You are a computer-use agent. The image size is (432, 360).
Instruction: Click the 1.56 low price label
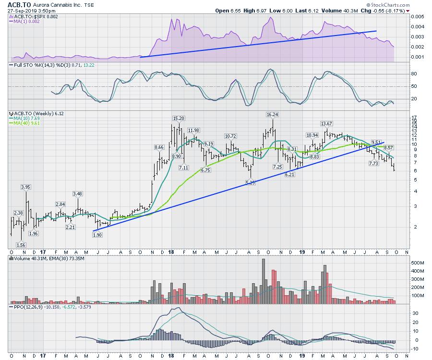(21, 244)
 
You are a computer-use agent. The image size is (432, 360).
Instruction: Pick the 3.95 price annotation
(25, 186)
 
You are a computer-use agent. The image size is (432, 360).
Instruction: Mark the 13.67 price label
(327, 124)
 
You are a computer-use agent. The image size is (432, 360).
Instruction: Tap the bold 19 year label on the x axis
(302, 251)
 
